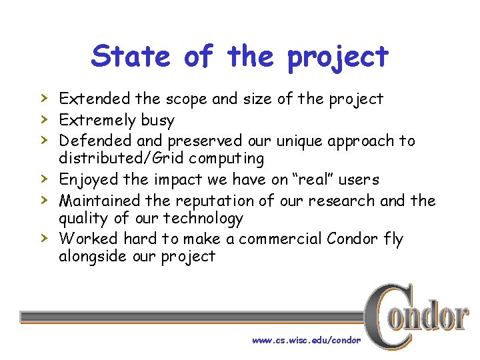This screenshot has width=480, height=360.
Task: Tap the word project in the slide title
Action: pyautogui.click(x=337, y=57)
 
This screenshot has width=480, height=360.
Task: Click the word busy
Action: pyautogui.click(x=157, y=121)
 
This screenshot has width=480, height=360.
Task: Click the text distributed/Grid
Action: pyautogui.click(x=114, y=159)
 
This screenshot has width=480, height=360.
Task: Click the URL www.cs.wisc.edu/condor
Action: pyautogui.click(x=306, y=340)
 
